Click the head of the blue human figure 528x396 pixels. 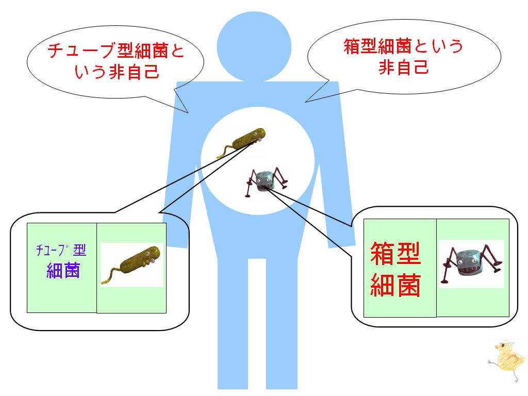(254, 47)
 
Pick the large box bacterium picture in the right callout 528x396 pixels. (471, 263)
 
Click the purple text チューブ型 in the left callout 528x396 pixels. (61, 250)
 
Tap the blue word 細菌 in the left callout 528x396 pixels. (63, 270)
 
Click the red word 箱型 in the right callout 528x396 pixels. (395, 254)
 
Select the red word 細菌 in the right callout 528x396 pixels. (395, 285)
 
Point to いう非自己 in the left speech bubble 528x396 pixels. (117, 72)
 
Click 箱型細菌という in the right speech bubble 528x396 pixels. (403, 46)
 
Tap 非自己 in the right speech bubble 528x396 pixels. (403, 67)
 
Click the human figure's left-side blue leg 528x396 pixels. (233, 323)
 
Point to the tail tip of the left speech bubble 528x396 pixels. (188, 112)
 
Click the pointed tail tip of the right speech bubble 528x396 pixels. (305, 102)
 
